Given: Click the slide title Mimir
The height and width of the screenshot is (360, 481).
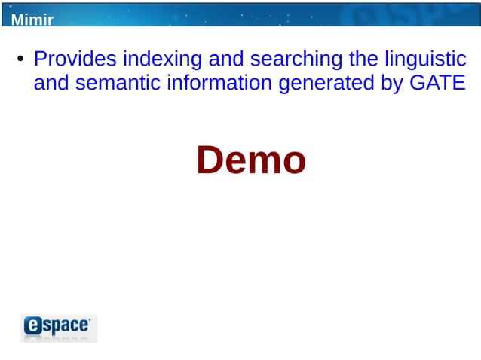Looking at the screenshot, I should coord(32,19).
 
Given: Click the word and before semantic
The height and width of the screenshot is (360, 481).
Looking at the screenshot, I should coord(51,83).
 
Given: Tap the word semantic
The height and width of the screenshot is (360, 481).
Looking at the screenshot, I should coord(115,83).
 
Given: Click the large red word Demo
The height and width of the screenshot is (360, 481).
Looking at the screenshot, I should coord(251,160).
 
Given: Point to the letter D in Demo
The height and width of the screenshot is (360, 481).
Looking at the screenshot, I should coord(210,160).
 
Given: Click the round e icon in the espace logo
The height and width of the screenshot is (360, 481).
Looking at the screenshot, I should coord(34,325).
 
